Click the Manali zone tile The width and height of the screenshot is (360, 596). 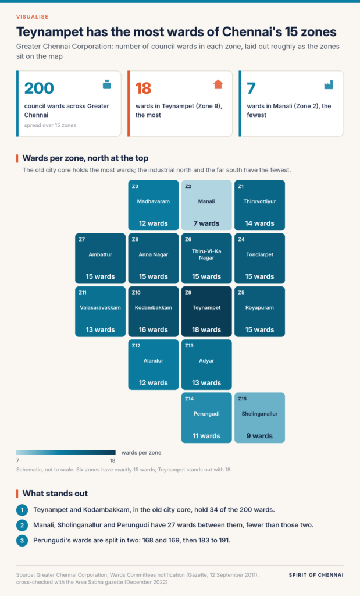tap(206, 205)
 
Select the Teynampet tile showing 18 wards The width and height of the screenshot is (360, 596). tap(206, 312)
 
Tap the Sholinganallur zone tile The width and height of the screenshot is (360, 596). tap(259, 418)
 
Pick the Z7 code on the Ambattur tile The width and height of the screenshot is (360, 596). tap(81, 239)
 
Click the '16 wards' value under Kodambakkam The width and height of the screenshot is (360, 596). tap(153, 329)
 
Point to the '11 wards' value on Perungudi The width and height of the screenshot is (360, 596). tap(206, 436)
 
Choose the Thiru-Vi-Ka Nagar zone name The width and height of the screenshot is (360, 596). tap(206, 254)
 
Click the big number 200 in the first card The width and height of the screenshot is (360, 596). tap(39, 88)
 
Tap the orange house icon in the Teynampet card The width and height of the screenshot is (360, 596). tap(218, 84)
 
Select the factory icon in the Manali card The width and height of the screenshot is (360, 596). tap(329, 85)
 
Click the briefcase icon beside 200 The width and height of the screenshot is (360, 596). tap(106, 84)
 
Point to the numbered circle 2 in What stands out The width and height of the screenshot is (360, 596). tap(22, 526)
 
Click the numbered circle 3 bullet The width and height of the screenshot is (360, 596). tap(22, 541)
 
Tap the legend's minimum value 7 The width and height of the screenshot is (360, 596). tap(18, 461)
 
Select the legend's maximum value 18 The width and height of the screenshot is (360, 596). tap(112, 461)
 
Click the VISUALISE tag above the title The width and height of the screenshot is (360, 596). tap(33, 17)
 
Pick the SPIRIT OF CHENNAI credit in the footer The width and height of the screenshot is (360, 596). tap(316, 575)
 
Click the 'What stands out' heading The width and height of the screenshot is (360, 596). tap(55, 494)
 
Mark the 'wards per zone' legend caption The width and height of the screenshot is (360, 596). tap(141, 453)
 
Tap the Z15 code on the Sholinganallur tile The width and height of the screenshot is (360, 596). tap(243, 399)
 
